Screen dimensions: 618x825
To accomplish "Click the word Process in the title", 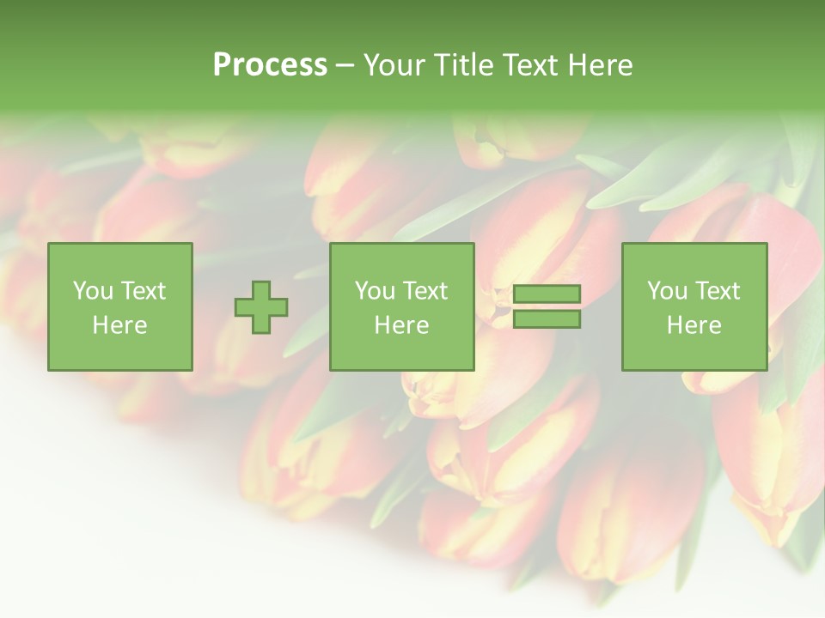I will (270, 65).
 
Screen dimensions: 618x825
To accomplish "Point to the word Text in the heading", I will (533, 65).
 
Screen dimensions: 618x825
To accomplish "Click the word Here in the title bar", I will (601, 65).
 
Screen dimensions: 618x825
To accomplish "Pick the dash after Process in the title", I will (345, 66).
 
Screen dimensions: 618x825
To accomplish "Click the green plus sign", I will (261, 306).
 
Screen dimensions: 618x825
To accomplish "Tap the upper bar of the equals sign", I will (547, 294).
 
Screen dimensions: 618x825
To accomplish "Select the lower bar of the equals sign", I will (547, 319).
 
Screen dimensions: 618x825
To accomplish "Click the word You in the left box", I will (93, 291).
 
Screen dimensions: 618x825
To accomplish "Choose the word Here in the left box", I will (119, 325).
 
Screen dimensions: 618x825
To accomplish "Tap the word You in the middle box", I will (375, 291).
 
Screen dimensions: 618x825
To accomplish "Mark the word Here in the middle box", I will (401, 325).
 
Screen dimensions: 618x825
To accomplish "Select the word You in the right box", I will (667, 291).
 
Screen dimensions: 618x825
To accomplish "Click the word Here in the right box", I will (694, 325).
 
